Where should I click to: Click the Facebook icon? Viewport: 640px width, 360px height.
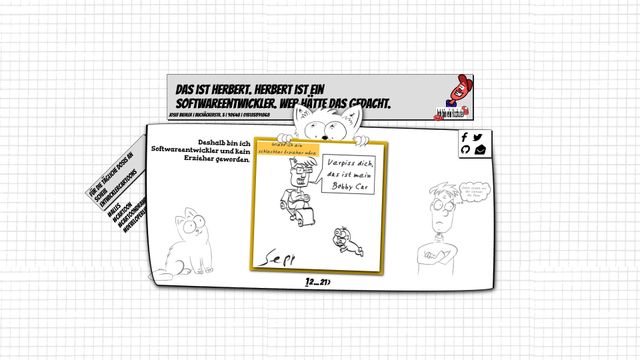465,137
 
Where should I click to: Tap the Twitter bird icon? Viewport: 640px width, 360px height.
478,137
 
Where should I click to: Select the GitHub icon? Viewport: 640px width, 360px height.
465,150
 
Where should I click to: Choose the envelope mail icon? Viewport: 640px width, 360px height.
479,150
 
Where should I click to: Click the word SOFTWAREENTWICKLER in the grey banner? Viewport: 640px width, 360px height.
225,104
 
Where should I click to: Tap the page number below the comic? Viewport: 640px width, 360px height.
318,283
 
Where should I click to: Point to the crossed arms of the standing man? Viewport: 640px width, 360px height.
437,251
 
